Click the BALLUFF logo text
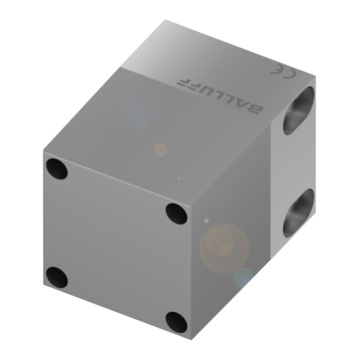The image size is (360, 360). [x=220, y=96]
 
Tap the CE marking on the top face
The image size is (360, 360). [x=283, y=71]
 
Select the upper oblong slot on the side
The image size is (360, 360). [x=299, y=111]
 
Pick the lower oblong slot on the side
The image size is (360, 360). [x=299, y=213]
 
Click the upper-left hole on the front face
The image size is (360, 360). [x=57, y=169]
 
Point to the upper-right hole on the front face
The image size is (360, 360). [x=176, y=214]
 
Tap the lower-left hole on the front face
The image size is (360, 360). [x=57, y=277]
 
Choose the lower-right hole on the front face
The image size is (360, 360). [x=176, y=322]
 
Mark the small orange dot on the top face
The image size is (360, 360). [x=160, y=150]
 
